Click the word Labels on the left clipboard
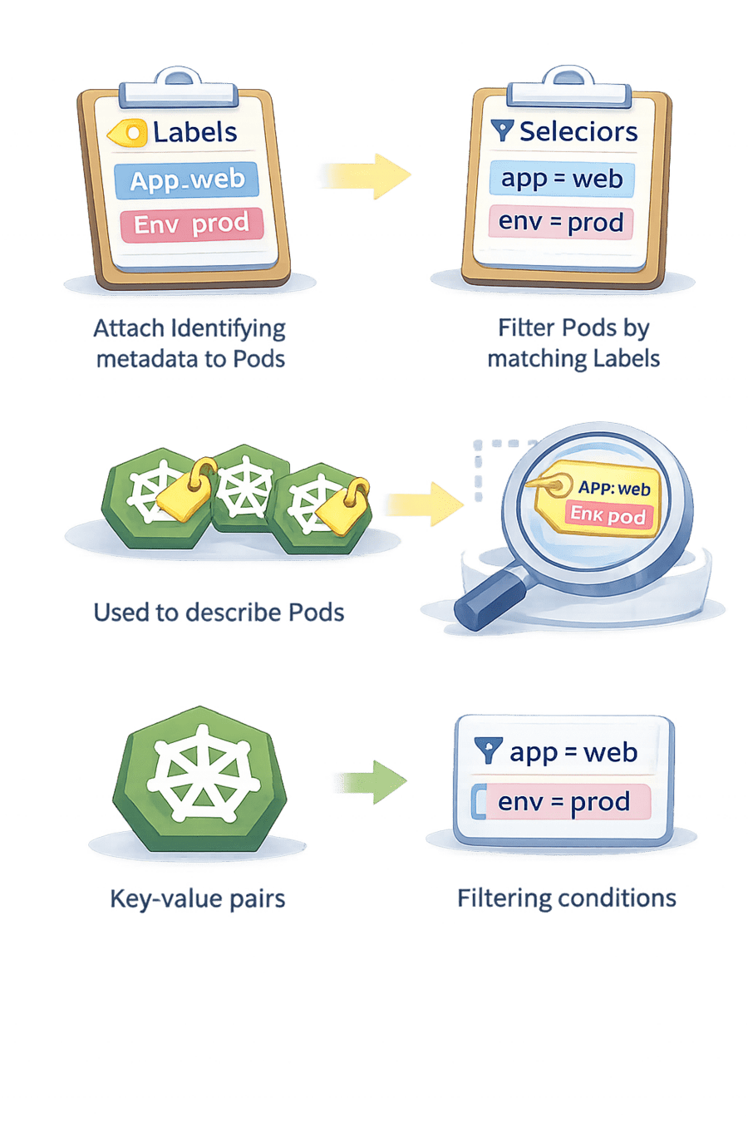pos(194,132)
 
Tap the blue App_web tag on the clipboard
pos(186,180)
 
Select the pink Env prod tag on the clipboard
pos(191,224)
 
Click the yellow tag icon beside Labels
pos(127,133)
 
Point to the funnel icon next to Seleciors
pos(501,130)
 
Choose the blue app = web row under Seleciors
pos(561,179)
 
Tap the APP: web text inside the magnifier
pos(613,489)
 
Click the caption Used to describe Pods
pos(219,613)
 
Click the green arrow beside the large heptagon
pos(371,781)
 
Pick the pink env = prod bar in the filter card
pos(563,802)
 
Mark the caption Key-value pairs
pos(198,899)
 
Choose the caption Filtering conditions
pos(566,898)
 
